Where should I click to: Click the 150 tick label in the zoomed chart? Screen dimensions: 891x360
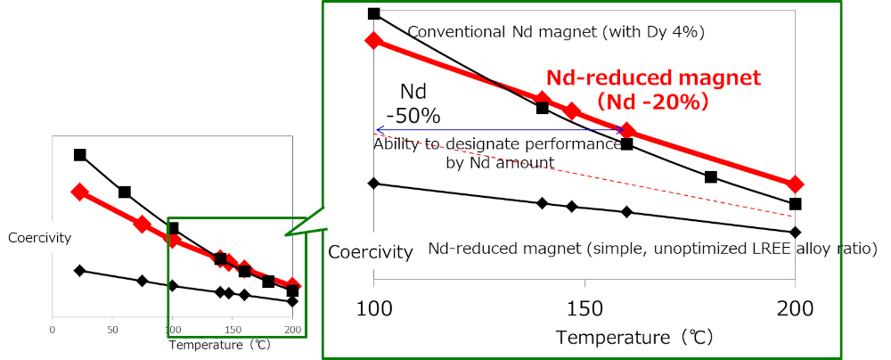point(584,309)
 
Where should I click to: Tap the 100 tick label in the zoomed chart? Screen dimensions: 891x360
point(374,309)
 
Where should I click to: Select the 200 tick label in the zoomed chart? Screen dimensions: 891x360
point(795,309)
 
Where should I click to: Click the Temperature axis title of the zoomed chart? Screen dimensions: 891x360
point(634,337)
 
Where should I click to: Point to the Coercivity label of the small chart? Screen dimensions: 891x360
point(40,238)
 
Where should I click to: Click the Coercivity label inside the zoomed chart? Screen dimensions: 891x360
point(371,252)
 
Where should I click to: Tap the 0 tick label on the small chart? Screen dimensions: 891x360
point(53,329)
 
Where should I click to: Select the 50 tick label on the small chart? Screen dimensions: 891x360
point(112,329)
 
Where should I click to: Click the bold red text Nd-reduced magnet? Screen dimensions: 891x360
point(653,78)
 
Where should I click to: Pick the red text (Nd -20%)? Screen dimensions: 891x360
point(652,102)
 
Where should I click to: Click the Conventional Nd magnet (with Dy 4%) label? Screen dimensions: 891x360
point(556,32)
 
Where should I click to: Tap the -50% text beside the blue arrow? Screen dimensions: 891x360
point(421,116)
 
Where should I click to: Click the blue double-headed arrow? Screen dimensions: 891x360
point(500,130)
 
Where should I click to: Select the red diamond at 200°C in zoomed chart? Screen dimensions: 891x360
point(795,184)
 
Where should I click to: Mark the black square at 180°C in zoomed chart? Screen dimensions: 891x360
point(710,176)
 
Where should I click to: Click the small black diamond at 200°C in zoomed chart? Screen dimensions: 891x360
point(795,232)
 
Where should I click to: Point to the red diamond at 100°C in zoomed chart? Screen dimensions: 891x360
point(374,40)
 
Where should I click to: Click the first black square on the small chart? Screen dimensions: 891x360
point(79,155)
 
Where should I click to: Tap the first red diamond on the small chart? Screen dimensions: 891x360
point(79,192)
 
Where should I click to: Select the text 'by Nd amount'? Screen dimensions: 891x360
point(500,163)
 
